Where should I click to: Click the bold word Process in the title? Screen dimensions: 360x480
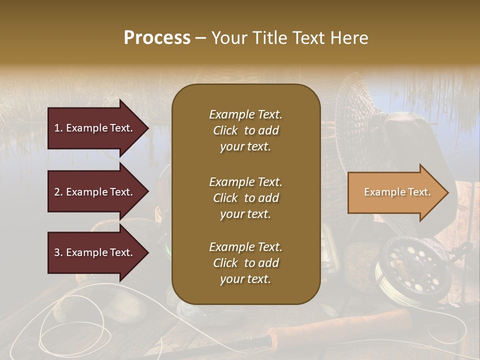click(157, 38)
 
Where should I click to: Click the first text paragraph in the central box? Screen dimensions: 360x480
click(245, 130)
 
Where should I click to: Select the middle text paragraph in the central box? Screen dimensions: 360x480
click(245, 198)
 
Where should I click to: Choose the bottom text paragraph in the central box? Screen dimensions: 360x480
click(245, 263)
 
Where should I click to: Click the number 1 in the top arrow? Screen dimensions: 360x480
click(56, 128)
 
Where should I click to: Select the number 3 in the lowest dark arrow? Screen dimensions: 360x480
click(56, 252)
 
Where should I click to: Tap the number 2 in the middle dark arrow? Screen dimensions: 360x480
click(56, 192)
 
